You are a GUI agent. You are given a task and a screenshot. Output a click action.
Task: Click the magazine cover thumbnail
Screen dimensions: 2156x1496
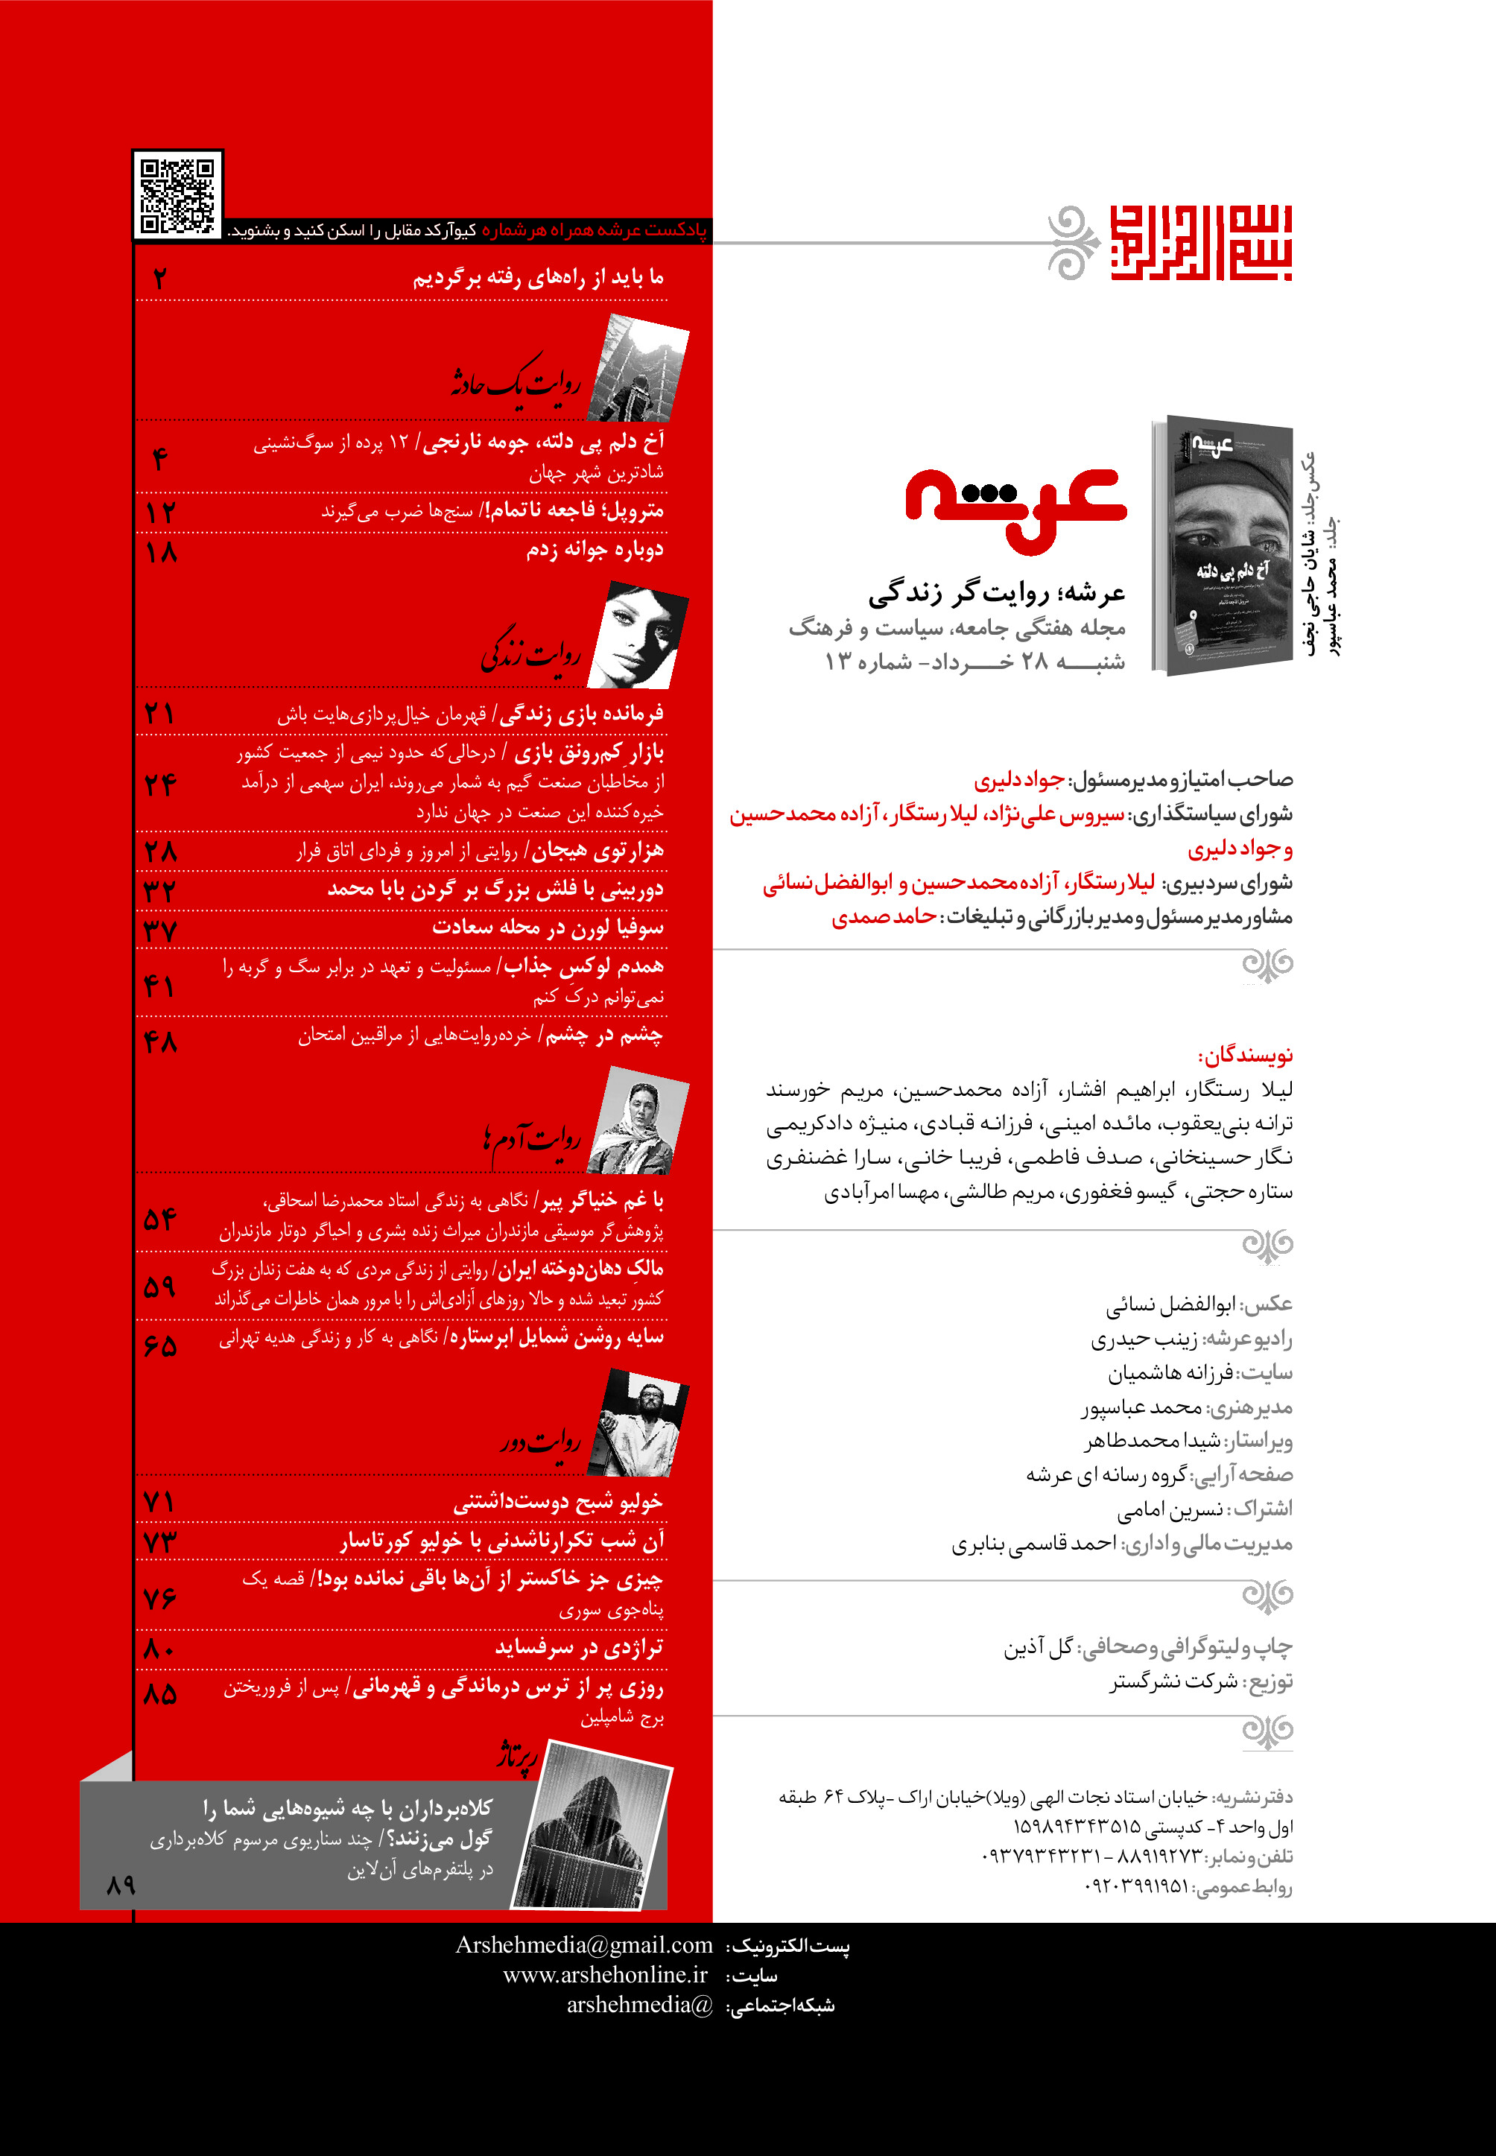[1223, 545]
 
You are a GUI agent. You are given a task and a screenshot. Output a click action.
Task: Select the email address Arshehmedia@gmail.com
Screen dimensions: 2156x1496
[584, 1945]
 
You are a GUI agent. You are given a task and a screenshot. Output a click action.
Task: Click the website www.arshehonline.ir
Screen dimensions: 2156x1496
[605, 1974]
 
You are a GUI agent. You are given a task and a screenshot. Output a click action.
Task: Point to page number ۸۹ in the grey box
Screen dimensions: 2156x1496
[121, 1884]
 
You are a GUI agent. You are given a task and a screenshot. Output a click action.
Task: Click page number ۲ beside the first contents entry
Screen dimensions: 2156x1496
[160, 279]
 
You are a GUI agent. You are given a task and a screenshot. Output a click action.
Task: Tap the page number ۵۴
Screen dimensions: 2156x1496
[159, 1219]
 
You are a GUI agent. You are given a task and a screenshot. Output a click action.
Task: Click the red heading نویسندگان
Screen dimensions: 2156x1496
[1245, 1056]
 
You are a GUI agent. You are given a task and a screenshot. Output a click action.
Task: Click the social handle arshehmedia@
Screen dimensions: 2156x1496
[639, 2004]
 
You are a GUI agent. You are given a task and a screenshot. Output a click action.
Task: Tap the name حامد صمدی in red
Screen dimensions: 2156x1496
[883, 917]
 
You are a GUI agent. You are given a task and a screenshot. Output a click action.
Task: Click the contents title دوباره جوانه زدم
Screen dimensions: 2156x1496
[595, 549]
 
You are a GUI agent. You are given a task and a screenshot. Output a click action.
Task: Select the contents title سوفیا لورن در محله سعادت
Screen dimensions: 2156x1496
[548, 927]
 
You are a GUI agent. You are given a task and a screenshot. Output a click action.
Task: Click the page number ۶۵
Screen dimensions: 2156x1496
[159, 1346]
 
